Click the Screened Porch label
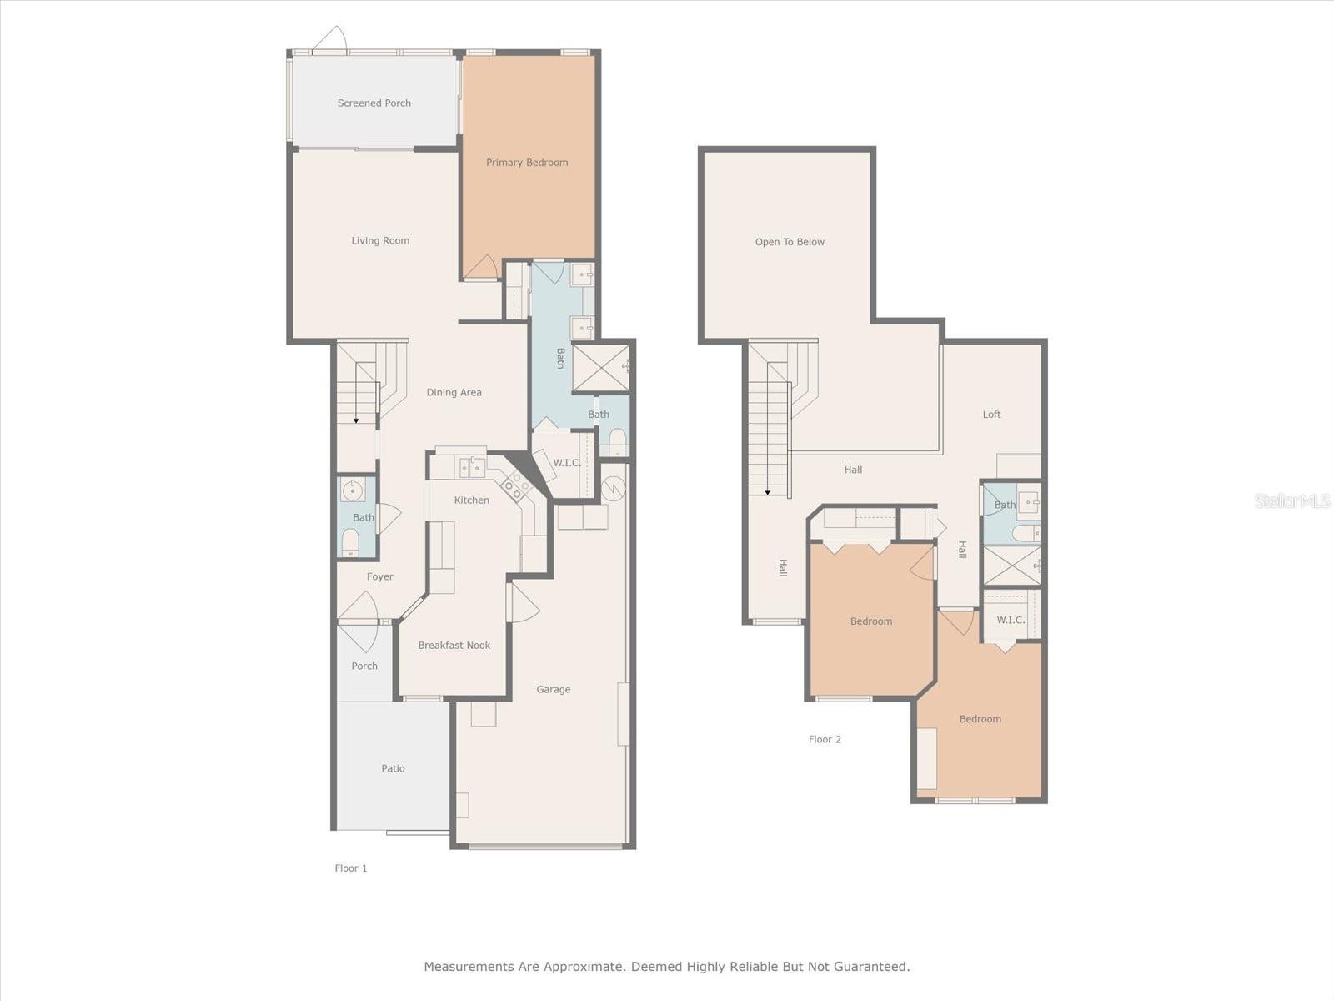click(x=374, y=103)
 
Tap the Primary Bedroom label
click(x=527, y=163)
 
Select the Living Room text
click(x=380, y=241)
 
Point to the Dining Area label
click(x=454, y=393)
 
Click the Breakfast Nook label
click(x=454, y=646)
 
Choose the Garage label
click(x=553, y=690)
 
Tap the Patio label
click(x=393, y=768)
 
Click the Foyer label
click(x=380, y=576)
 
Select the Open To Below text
click(x=790, y=242)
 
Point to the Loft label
click(x=991, y=415)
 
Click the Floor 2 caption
click(x=825, y=740)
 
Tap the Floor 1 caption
click(x=351, y=868)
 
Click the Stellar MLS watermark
click(x=1292, y=501)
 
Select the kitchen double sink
click(x=472, y=467)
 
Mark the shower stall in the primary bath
click(x=601, y=369)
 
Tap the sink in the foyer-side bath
click(x=353, y=490)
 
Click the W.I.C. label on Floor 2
click(x=1011, y=620)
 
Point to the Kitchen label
click(x=472, y=500)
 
